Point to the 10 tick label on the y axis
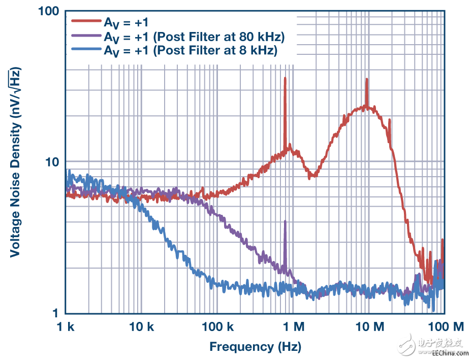(52, 162)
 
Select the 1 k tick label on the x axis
(66, 326)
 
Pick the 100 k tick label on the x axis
(217, 326)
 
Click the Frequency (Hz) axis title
(255, 347)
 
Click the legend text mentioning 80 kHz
(194, 37)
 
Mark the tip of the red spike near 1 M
(285, 78)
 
